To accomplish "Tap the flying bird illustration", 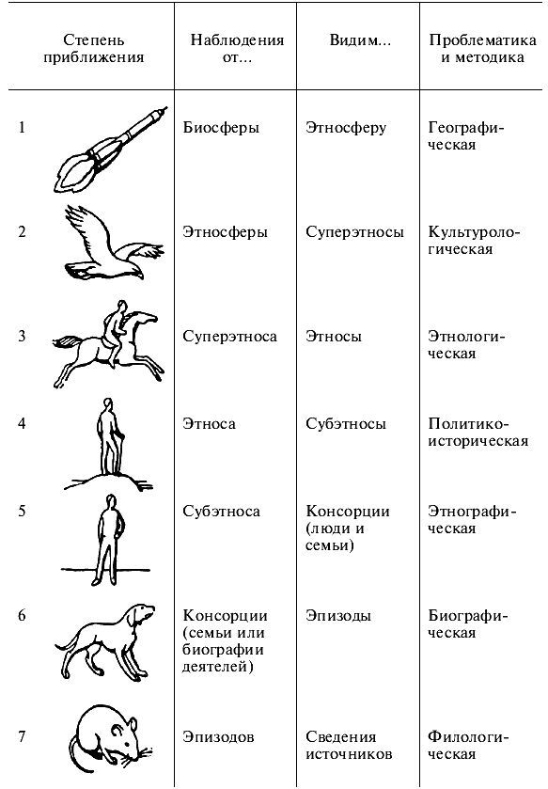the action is (x=113, y=246).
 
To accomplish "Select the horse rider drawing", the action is (x=109, y=345).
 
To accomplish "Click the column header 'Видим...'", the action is (x=360, y=40).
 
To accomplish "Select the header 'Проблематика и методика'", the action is (x=482, y=49).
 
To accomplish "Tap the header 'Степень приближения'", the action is (x=93, y=49).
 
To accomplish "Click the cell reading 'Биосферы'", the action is (x=221, y=128).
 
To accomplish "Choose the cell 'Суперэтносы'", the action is (x=354, y=232).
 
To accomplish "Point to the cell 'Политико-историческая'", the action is (x=478, y=433).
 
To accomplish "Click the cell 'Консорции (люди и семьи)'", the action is (x=348, y=529).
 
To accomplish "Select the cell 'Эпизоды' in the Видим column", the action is (x=338, y=616).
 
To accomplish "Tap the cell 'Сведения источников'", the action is (x=349, y=746).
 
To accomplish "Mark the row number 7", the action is (x=22, y=737).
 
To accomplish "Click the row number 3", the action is (x=22, y=336).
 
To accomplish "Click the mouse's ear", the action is (x=133, y=725).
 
